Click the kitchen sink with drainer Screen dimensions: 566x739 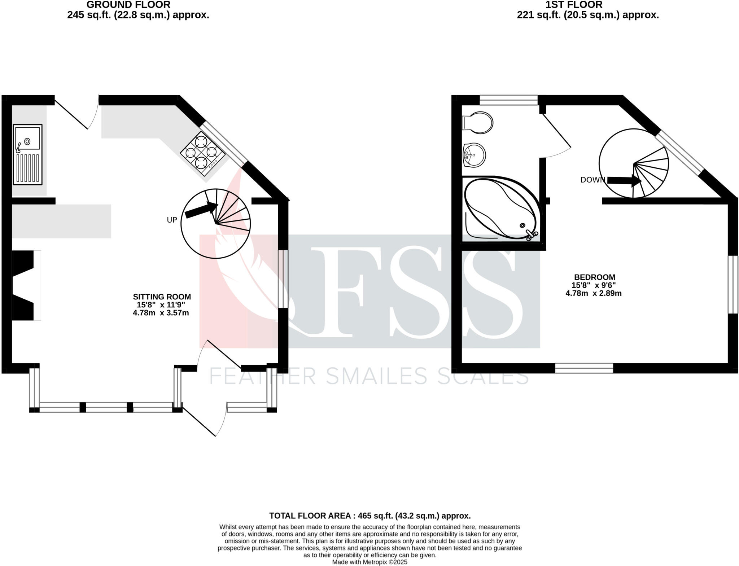coord(28,154)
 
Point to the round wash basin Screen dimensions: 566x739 coord(475,155)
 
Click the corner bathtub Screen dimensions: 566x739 coord(502,209)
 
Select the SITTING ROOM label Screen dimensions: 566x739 coord(162,297)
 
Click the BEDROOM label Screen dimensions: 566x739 coord(594,277)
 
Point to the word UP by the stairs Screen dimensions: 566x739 coord(172,220)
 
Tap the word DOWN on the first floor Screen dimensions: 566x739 coord(592,180)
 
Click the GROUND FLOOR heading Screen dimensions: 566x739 coord(128,5)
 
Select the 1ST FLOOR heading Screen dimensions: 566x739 coord(573,5)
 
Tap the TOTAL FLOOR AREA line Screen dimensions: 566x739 coord(369,516)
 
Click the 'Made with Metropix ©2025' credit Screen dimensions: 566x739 coord(369,562)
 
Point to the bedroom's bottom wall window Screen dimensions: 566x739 coord(584,368)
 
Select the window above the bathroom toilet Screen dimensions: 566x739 coord(508,100)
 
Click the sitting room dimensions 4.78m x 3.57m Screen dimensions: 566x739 coord(161,313)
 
